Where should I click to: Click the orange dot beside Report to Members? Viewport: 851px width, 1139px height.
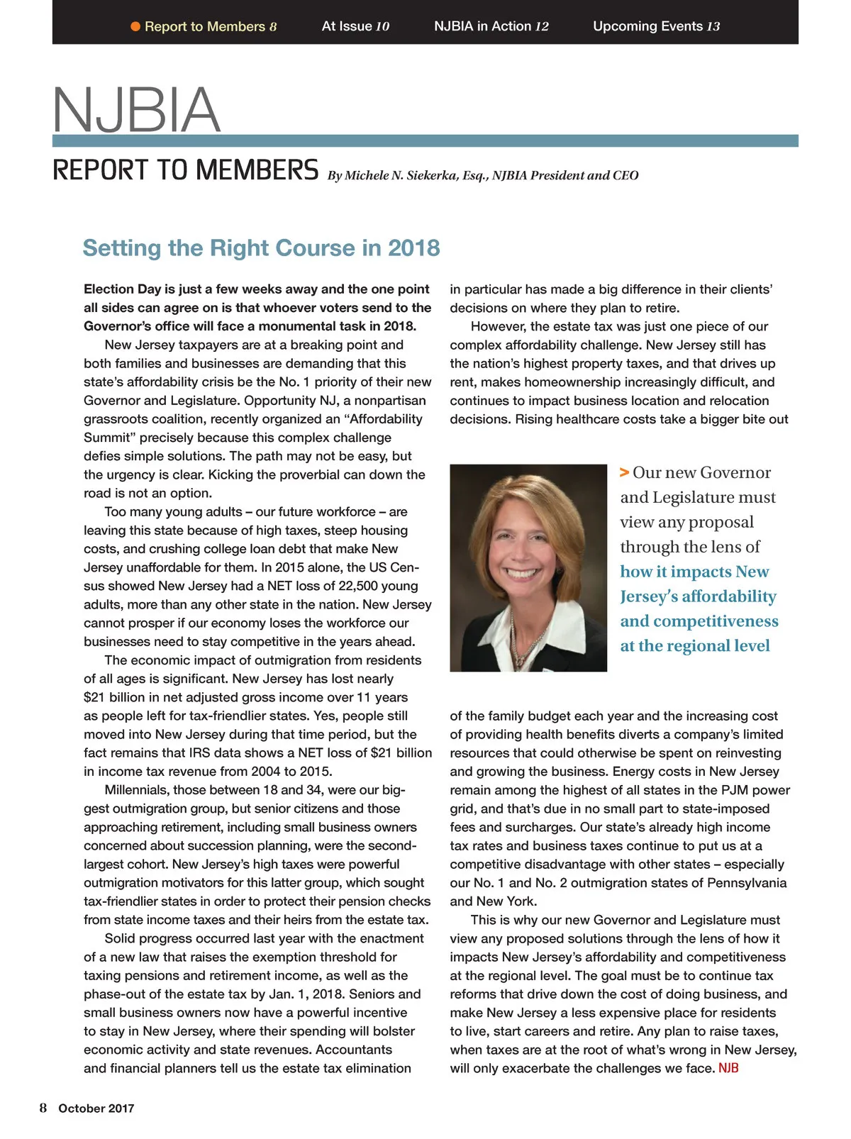135,27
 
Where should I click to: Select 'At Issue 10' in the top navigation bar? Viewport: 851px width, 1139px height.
355,26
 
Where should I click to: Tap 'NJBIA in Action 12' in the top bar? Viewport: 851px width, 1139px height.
491,26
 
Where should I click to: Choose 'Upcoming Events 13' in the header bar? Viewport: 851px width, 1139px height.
656,26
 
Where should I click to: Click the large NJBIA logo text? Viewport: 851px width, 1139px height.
136,110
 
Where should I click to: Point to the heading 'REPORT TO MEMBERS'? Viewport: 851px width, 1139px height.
186,171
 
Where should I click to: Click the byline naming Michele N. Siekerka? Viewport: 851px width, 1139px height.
482,175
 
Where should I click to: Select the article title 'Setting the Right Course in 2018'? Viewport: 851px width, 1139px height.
261,248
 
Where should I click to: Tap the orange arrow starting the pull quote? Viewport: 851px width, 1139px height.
624,472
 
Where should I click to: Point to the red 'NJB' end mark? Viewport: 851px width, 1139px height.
728,1068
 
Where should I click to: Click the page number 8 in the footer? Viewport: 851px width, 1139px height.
43,1108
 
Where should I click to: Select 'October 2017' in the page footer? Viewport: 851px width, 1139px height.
96,1109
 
